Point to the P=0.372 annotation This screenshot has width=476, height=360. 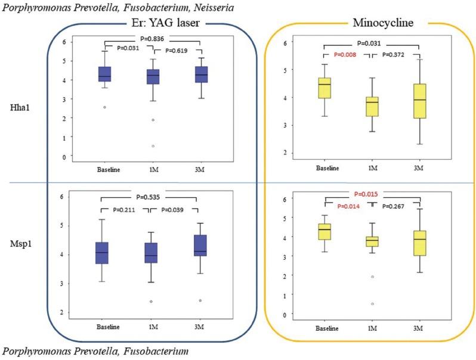[x=394, y=54]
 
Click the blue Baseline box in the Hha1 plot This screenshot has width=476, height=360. [x=104, y=74]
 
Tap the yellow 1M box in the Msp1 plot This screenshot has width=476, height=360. [x=372, y=241]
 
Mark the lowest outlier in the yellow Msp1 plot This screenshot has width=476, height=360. [x=372, y=304]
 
